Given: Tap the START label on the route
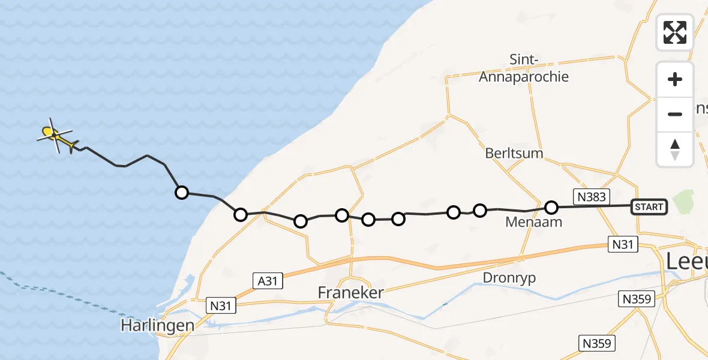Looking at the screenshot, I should point(649,207).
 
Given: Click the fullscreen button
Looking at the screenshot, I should point(675,32).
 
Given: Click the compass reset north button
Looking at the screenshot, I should point(675,149).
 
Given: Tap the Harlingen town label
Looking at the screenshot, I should point(157,326).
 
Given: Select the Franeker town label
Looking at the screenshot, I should point(351,293).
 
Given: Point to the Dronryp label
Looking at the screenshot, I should point(509,278).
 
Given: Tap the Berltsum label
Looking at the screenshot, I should point(514,153).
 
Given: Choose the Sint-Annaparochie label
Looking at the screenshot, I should point(523,68).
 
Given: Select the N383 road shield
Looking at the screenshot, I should point(592,196).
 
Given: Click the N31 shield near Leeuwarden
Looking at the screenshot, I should point(622,244).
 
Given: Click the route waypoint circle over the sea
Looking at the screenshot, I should point(181,193).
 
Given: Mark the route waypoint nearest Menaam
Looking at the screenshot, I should point(551,208).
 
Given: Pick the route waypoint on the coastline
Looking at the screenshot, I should point(240,214).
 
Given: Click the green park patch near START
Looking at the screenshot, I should point(683,202).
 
